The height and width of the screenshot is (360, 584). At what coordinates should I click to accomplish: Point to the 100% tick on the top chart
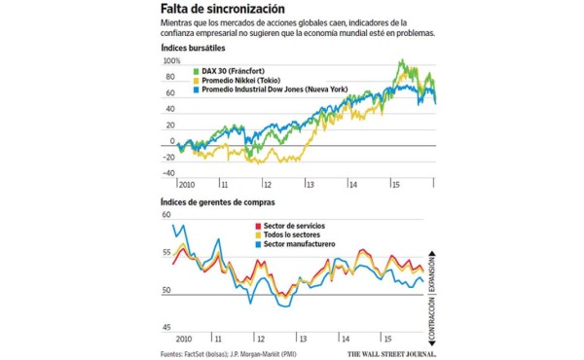(x=171, y=61)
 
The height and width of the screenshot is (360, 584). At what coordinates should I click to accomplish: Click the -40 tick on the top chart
(x=167, y=174)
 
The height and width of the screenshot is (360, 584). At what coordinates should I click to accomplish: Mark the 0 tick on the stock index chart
(x=171, y=141)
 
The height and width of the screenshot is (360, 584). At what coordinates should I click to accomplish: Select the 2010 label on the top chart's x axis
(x=187, y=183)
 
